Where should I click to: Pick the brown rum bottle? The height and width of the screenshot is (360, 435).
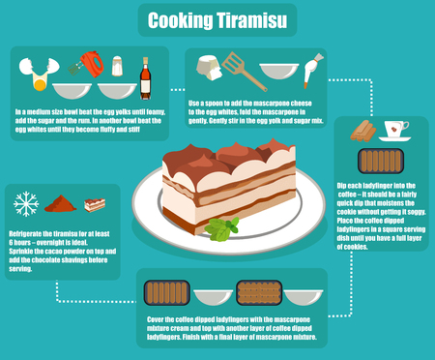(146, 72)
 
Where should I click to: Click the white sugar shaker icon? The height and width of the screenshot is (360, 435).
(118, 66)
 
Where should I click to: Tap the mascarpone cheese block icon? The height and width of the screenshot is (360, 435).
(204, 66)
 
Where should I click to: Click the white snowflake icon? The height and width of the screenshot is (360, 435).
(26, 204)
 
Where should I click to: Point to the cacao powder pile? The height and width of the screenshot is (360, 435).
(60, 204)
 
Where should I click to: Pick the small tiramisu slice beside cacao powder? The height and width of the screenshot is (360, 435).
(94, 204)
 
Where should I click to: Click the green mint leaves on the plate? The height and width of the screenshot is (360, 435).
(221, 229)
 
